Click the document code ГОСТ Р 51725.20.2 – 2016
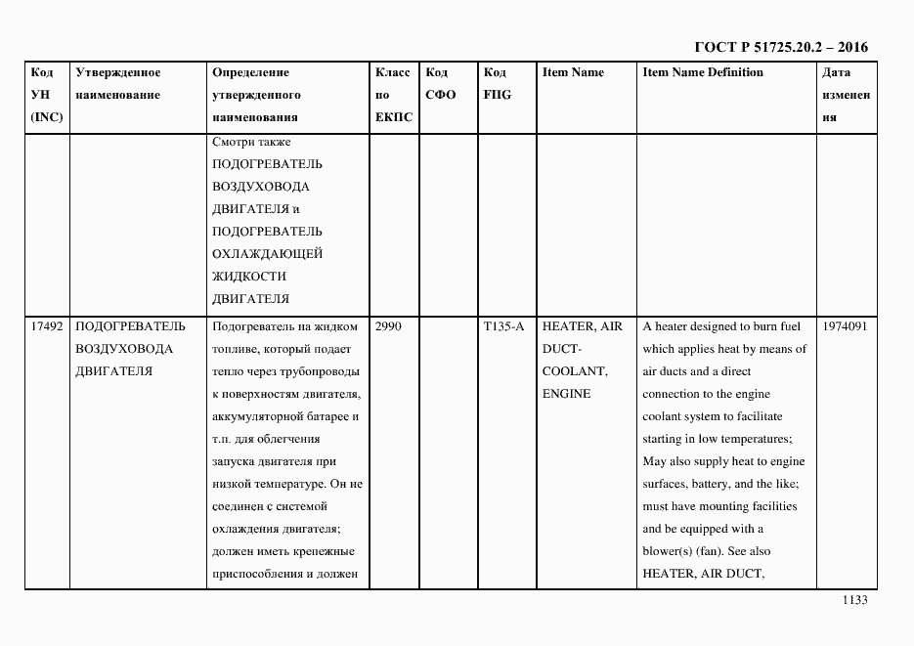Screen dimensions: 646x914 point(780,47)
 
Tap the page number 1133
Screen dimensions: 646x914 point(854,601)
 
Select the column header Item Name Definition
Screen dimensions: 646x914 point(702,72)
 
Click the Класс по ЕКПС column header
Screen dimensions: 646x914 point(393,95)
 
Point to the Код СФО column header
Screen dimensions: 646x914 point(441,84)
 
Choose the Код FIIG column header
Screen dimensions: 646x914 point(497,84)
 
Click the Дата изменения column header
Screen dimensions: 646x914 point(845,95)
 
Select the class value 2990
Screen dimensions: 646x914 point(388,326)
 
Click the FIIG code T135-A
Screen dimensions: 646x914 point(503,326)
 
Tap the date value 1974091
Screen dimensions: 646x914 point(845,326)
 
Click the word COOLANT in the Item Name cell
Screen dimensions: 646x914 point(575,371)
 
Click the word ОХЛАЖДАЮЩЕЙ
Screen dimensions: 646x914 point(267,254)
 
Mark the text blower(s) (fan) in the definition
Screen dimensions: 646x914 point(689,551)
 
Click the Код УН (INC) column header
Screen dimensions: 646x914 point(47,95)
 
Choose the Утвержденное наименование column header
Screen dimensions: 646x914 point(118,84)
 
